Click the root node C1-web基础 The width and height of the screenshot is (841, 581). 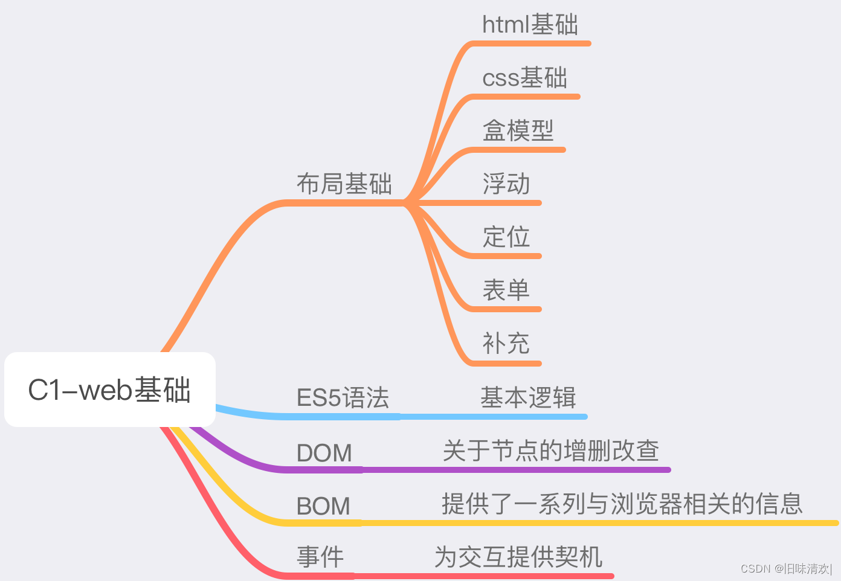(x=109, y=390)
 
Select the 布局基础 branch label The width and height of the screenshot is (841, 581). (x=344, y=184)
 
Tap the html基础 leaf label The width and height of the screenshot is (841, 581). (x=530, y=25)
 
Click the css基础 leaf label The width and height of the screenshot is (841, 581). (x=524, y=78)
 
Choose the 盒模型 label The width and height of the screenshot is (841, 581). (x=518, y=130)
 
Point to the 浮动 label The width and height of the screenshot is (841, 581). (x=506, y=184)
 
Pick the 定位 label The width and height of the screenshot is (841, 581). (x=506, y=237)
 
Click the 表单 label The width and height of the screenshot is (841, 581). (x=506, y=290)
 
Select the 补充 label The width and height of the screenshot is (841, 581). (x=506, y=344)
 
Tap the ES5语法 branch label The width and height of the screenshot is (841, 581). (x=343, y=398)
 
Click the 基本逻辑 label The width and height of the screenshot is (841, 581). (x=528, y=398)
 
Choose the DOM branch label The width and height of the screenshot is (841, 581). (x=324, y=453)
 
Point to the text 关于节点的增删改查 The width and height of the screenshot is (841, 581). (x=550, y=451)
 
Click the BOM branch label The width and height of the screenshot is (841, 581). (x=323, y=506)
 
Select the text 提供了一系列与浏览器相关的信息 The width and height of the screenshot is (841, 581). (x=622, y=504)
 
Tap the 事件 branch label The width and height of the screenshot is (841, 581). (x=320, y=557)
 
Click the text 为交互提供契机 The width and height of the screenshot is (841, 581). (x=518, y=557)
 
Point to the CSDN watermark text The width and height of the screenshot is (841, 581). (x=786, y=568)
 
